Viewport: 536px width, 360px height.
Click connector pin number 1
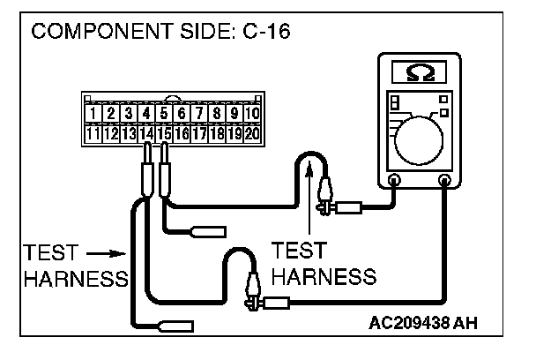[92, 113]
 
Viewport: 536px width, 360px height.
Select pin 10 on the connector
[253, 113]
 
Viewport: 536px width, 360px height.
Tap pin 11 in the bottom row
[92, 134]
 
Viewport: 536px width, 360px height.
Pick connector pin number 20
[253, 134]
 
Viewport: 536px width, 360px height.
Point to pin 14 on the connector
[145, 134]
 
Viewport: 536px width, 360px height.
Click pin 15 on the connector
[164, 134]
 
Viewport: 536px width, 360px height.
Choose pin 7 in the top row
[200, 113]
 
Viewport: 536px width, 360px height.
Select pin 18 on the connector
[218, 134]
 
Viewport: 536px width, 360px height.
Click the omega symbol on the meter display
[419, 70]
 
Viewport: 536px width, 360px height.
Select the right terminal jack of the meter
[444, 181]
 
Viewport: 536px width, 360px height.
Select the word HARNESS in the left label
[76, 279]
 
